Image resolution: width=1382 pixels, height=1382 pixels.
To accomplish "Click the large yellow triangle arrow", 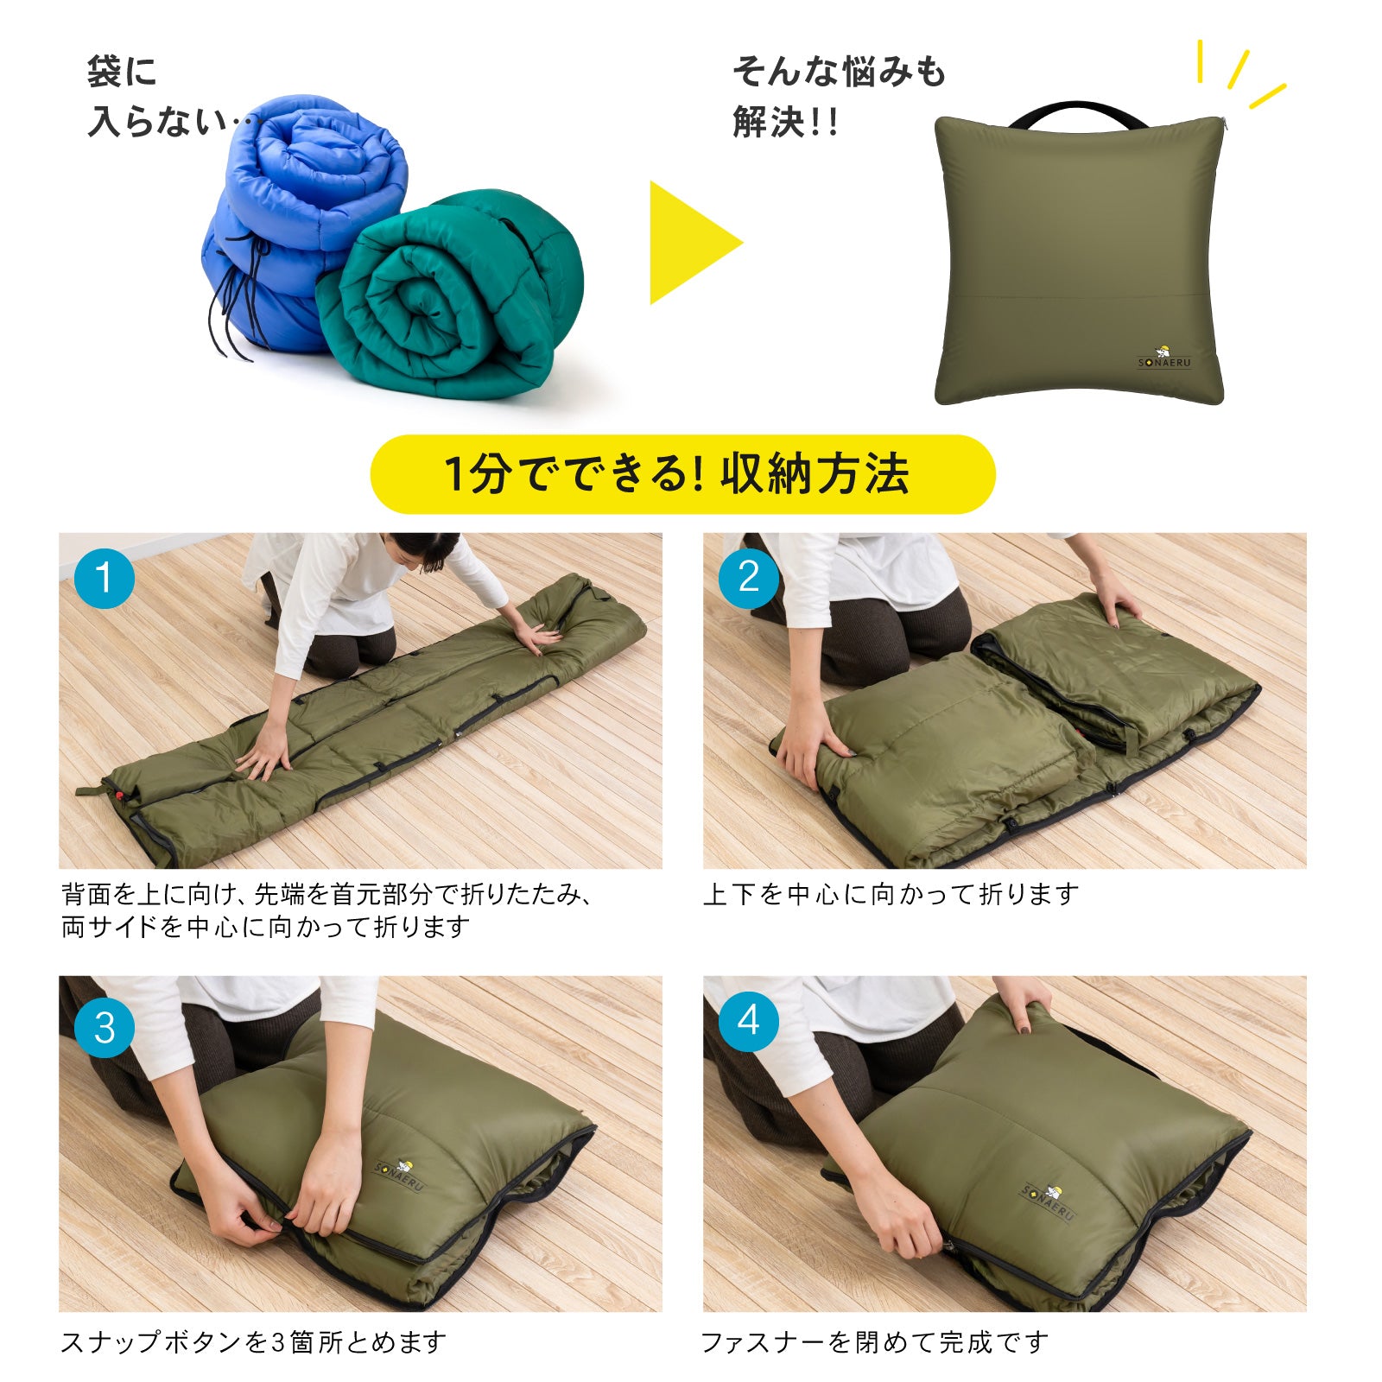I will click(691, 243).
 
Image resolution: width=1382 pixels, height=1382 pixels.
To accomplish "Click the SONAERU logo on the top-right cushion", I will click(1163, 358).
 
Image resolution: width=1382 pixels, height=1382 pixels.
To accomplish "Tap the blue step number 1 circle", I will click(105, 578).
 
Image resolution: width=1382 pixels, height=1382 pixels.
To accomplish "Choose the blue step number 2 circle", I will click(749, 578).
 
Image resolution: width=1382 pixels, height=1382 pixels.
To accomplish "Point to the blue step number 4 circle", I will click(749, 1021).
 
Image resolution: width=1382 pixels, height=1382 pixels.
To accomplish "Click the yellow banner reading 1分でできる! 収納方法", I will click(682, 474).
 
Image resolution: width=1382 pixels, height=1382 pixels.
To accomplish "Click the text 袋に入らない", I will click(160, 97).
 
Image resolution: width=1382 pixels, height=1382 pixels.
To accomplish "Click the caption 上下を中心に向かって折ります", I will click(891, 894).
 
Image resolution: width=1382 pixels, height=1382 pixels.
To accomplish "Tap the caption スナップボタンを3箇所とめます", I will click(254, 1341).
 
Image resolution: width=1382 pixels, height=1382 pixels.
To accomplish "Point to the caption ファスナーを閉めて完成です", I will click(874, 1341).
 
